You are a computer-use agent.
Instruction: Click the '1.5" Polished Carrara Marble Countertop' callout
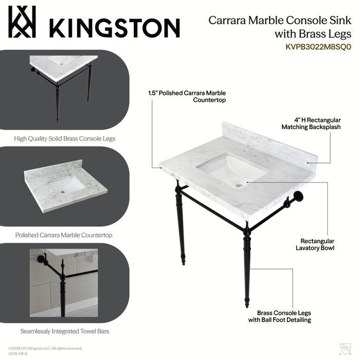coord(187,97)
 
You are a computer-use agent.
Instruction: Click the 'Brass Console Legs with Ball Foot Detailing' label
coord(284,316)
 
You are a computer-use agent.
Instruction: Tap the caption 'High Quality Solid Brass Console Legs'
coord(65,138)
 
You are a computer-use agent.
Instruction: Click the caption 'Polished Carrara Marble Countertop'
coord(64,235)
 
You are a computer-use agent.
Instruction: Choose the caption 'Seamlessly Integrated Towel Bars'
coord(65,331)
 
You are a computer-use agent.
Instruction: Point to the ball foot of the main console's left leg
coord(183,263)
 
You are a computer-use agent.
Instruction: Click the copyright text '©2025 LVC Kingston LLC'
coord(45,348)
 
